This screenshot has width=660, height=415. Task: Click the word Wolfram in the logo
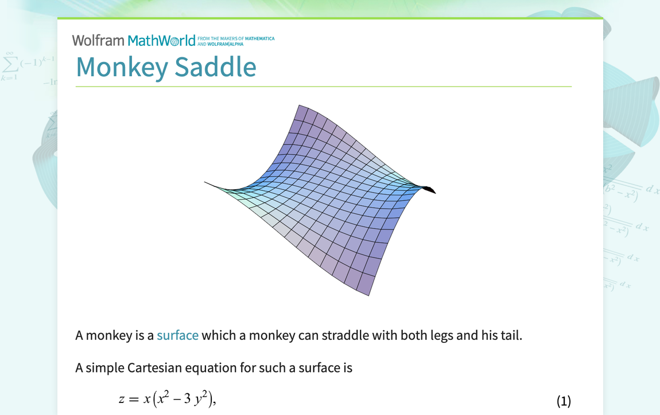(98, 40)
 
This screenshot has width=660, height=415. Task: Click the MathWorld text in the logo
(161, 40)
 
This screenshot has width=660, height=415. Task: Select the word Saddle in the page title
(215, 67)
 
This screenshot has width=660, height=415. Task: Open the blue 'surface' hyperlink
(177, 335)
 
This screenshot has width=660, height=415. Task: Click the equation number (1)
(564, 401)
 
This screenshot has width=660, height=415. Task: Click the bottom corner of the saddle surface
(368, 295)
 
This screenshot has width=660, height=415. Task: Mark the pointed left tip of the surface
(206, 182)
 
